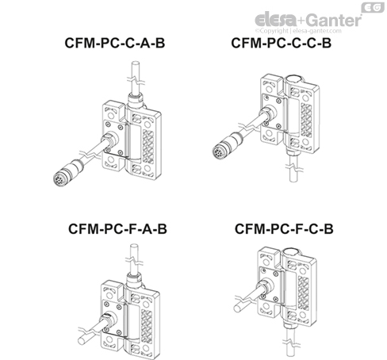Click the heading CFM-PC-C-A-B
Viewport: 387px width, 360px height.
point(114,44)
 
